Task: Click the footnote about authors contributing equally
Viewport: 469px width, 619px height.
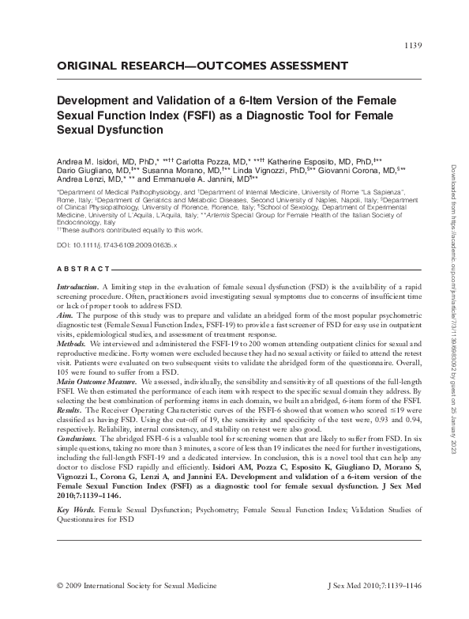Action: tap(131, 230)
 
